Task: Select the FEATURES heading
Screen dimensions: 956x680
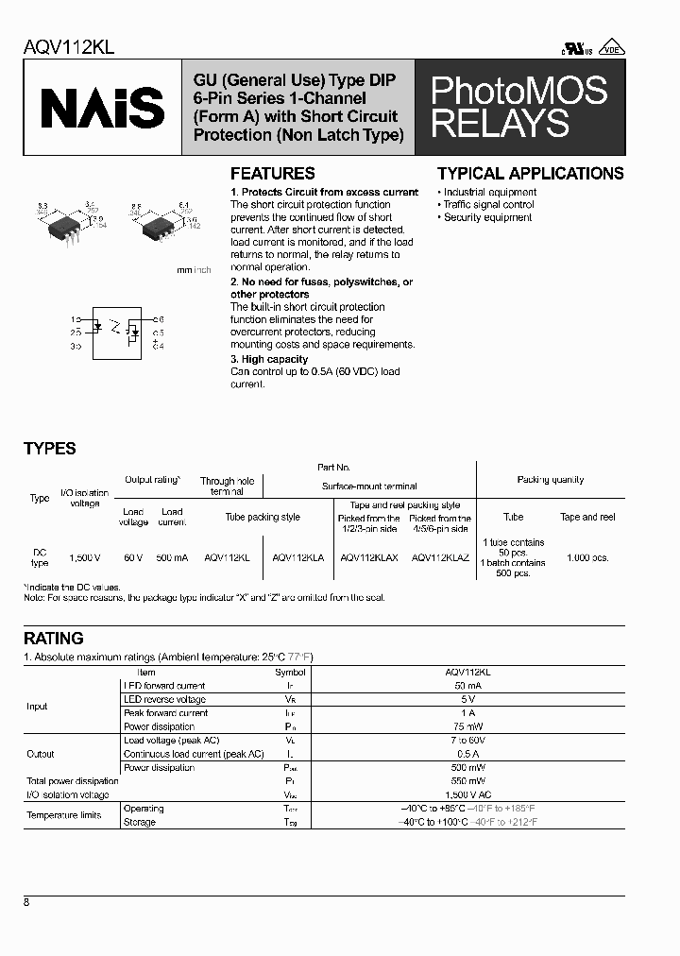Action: (273, 174)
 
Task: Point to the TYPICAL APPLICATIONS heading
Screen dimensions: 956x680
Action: (530, 174)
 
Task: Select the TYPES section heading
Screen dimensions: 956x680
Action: (50, 449)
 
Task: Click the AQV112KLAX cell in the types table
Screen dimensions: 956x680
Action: (369, 558)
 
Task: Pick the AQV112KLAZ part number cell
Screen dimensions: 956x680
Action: (440, 558)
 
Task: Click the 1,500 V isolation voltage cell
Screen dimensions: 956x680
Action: (85, 558)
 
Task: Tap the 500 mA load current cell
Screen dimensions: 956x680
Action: (172, 558)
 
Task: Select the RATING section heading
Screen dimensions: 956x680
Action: (54, 639)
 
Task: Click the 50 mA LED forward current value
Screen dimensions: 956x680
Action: (466, 686)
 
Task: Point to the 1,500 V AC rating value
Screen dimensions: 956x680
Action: (466, 794)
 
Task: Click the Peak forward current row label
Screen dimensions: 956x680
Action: (165, 713)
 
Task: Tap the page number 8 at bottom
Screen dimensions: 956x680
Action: (26, 903)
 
